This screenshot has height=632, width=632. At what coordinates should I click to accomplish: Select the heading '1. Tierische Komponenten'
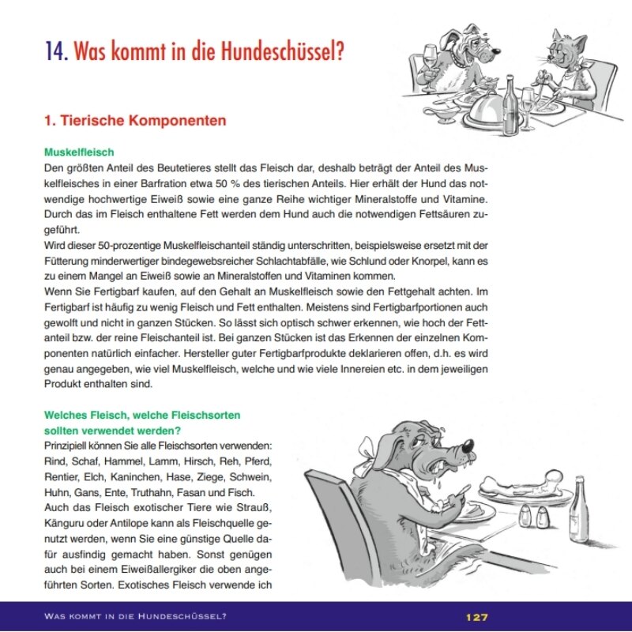click(135, 121)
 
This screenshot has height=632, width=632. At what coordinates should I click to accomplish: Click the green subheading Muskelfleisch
click(79, 151)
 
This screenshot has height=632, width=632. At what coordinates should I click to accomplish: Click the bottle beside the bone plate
click(581, 506)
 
